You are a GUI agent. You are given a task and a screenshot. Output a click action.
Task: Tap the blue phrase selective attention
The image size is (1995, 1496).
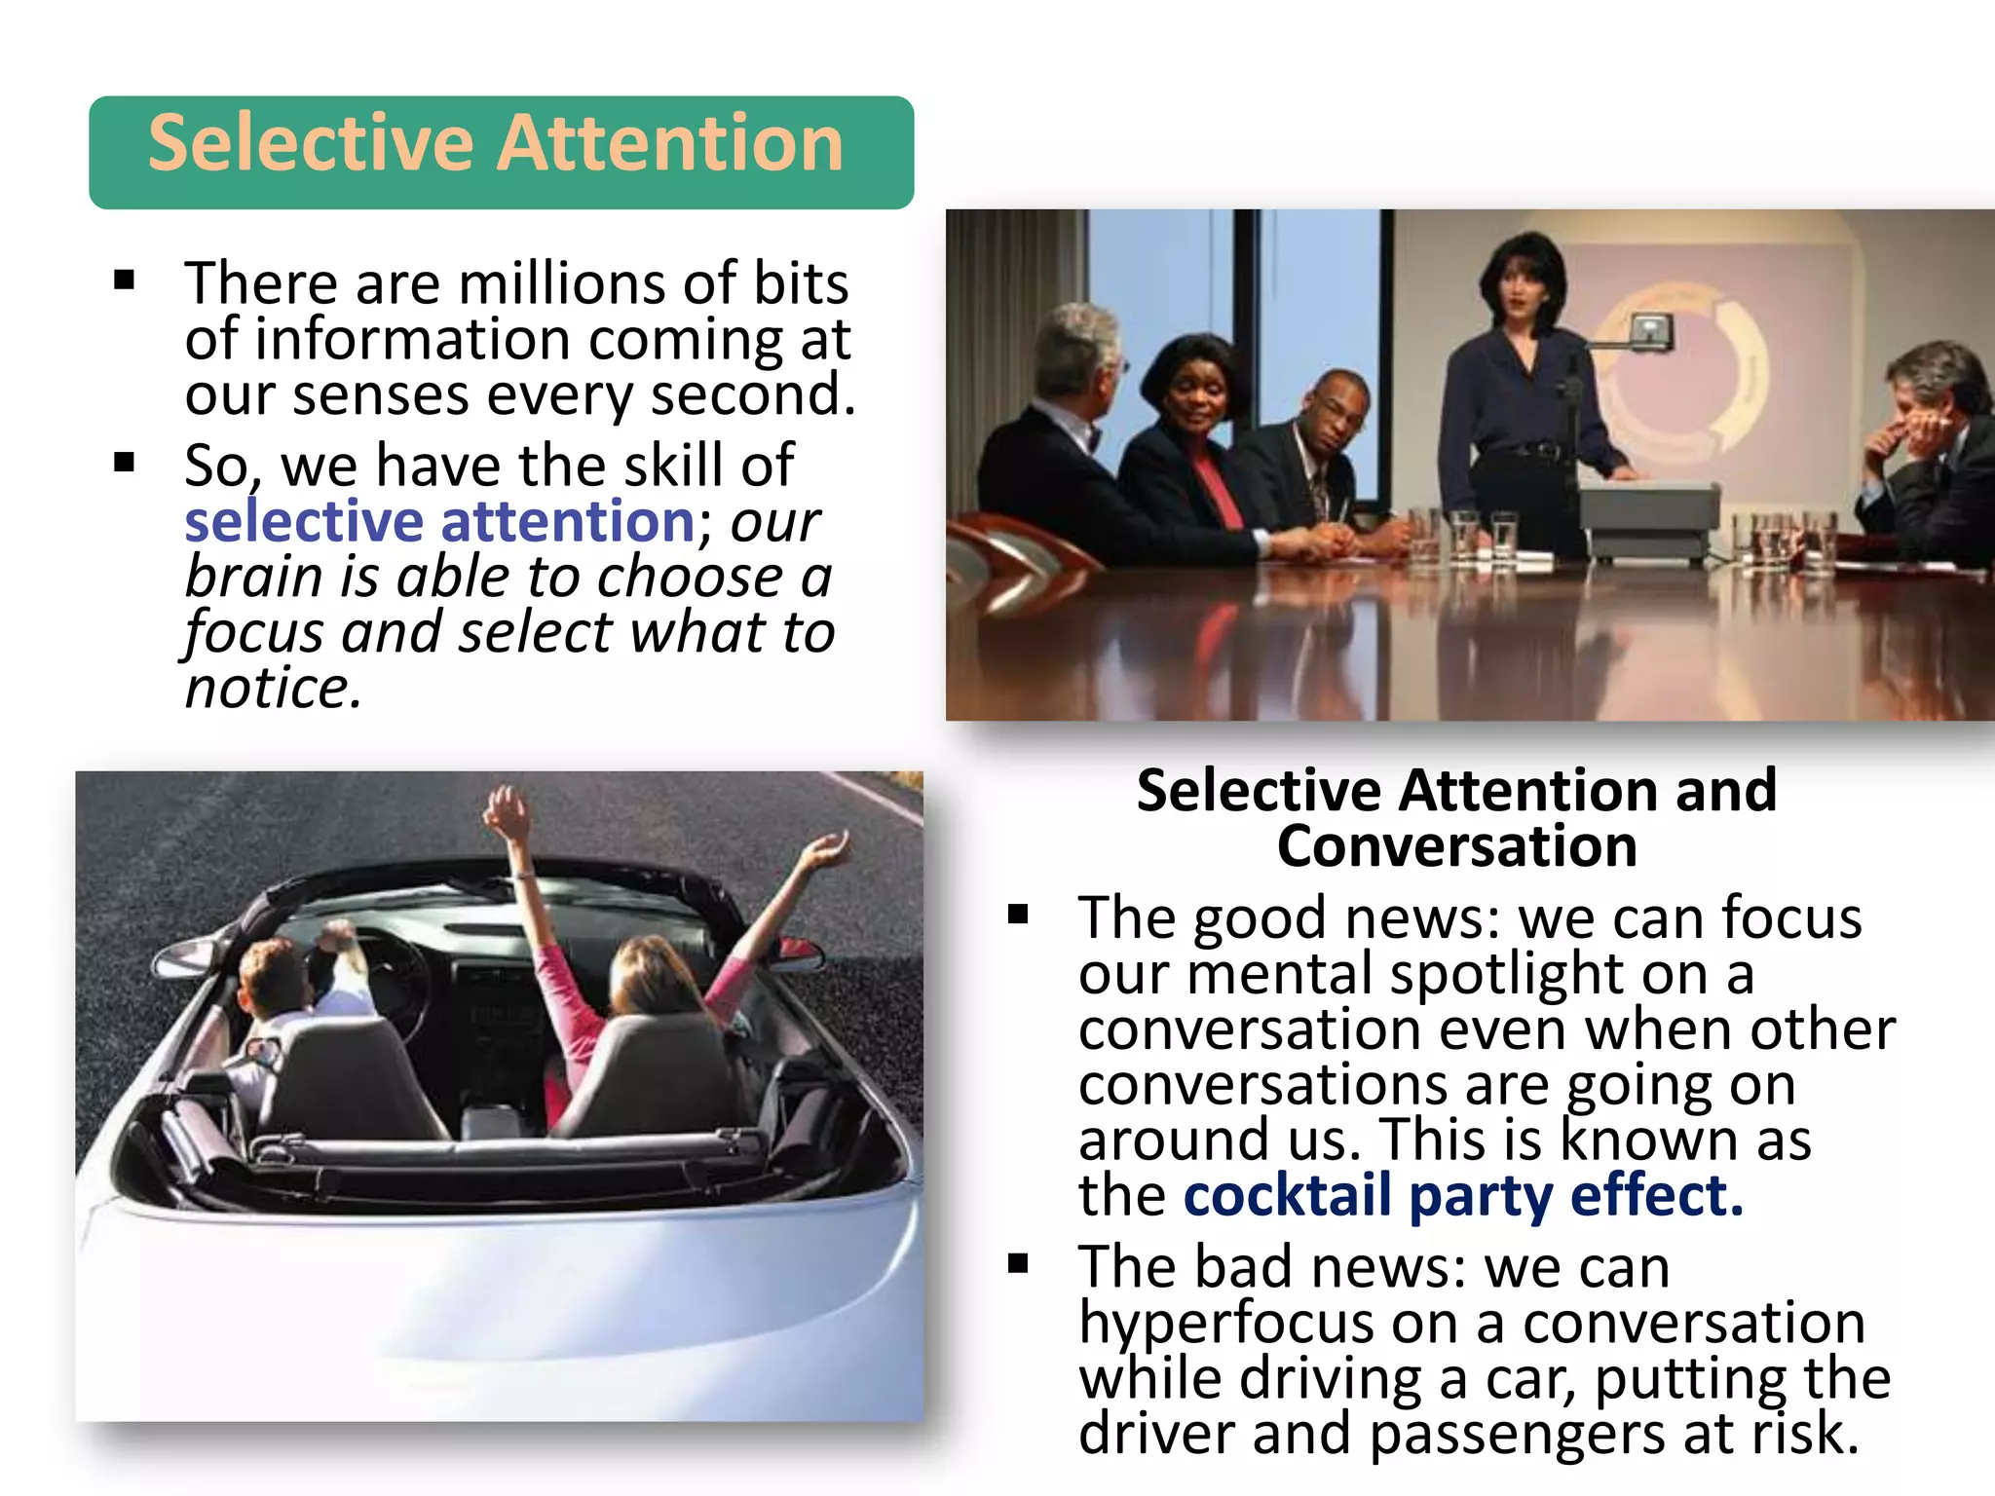[439, 521]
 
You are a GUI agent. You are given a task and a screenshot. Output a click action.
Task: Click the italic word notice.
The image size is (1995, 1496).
[272, 688]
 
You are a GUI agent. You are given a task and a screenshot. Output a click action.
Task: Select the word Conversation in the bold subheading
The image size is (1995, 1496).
[1456, 845]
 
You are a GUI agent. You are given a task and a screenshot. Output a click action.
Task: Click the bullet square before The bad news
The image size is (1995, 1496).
[1018, 1264]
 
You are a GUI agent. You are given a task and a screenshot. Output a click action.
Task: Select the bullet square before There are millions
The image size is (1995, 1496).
[124, 281]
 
